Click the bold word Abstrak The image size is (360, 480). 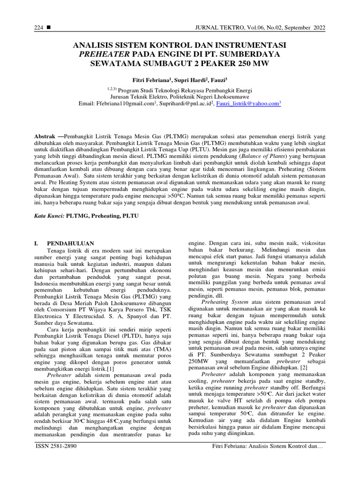point(46,135)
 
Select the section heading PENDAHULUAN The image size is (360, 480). point(70,243)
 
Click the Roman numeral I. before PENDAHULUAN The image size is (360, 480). point(38,243)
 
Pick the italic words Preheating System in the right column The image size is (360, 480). point(222,302)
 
